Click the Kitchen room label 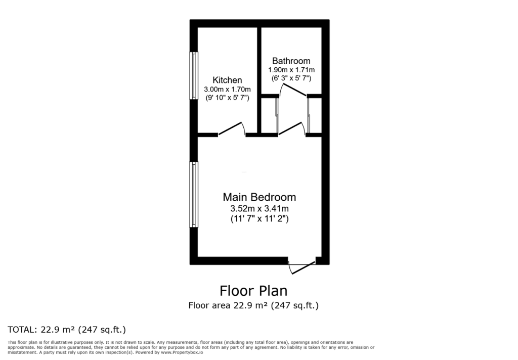point(227,80)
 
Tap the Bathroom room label point(291,61)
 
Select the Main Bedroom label point(260,197)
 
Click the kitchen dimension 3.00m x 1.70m point(227,89)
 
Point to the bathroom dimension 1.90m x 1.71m point(291,70)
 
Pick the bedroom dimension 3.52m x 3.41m point(260,209)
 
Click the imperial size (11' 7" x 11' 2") point(260,218)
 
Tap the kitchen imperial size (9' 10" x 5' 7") point(227,98)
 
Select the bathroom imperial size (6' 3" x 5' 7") point(291,78)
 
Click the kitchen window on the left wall point(194,75)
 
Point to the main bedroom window point(194,195)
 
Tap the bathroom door point(293,89)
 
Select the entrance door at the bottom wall point(302,267)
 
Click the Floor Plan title point(254,291)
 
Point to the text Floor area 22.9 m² point(228,305)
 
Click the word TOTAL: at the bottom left point(22,330)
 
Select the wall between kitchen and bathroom point(260,81)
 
